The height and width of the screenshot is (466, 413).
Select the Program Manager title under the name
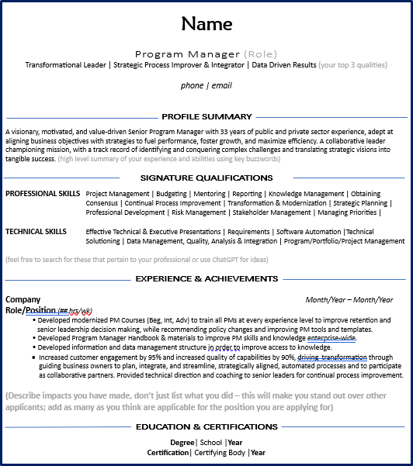pyautogui.click(x=188, y=54)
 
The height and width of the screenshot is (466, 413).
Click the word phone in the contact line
pyautogui.click(x=192, y=85)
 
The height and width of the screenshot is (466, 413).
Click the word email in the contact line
pyautogui.click(x=222, y=85)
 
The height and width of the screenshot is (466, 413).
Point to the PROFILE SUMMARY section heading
pyautogui.click(x=206, y=116)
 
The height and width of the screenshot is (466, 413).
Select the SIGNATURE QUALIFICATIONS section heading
pyautogui.click(x=206, y=178)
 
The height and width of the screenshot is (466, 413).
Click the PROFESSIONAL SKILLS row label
pyautogui.click(x=43, y=193)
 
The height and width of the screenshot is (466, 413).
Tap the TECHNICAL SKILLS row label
pyautogui.click(x=36, y=231)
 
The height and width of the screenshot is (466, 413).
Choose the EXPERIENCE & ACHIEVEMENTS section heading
pyautogui.click(x=206, y=279)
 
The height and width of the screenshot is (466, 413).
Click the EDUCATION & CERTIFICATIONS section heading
pyautogui.click(x=206, y=426)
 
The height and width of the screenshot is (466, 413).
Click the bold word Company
pyautogui.click(x=23, y=299)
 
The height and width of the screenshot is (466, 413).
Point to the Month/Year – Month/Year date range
pyautogui.click(x=349, y=300)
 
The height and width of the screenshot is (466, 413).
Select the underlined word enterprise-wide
pyautogui.click(x=331, y=338)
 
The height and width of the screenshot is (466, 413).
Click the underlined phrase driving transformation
pyautogui.click(x=332, y=357)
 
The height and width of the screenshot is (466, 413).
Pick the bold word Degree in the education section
pyautogui.click(x=182, y=443)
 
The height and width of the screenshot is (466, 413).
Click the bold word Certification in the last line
pyautogui.click(x=168, y=452)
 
